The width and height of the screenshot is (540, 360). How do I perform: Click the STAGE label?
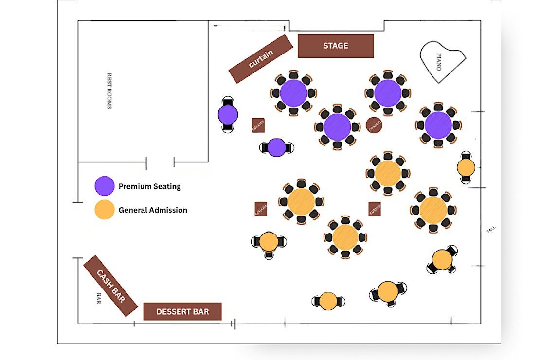tap(336, 45)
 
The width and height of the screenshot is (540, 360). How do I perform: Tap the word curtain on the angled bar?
tap(261, 58)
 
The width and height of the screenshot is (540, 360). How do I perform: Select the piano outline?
tap(442, 62)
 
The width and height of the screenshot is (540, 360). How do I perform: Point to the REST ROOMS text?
tap(109, 91)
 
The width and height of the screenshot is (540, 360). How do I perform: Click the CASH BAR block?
tap(110, 286)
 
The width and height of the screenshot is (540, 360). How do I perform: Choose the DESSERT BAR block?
tap(182, 311)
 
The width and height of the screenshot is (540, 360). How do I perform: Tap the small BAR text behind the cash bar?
tap(99, 298)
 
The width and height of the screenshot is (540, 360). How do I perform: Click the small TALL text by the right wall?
tap(491, 230)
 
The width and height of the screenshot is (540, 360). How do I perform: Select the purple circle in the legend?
tap(104, 186)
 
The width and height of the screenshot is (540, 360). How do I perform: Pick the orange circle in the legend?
tap(104, 210)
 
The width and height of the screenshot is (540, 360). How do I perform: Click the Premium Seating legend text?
tap(149, 186)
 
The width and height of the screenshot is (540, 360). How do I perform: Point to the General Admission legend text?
tap(153, 210)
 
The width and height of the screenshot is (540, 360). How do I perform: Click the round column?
tap(374, 125)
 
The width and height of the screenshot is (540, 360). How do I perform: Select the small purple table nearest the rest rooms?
tap(228, 115)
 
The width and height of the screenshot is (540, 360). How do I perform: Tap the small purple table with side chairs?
tap(276, 147)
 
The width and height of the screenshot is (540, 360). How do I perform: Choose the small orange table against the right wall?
tap(466, 167)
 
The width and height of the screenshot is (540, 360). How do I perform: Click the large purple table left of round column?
tap(337, 127)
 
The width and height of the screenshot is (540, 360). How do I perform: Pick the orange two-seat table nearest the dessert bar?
tap(328, 301)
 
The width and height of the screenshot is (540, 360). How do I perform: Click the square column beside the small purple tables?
tap(258, 126)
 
